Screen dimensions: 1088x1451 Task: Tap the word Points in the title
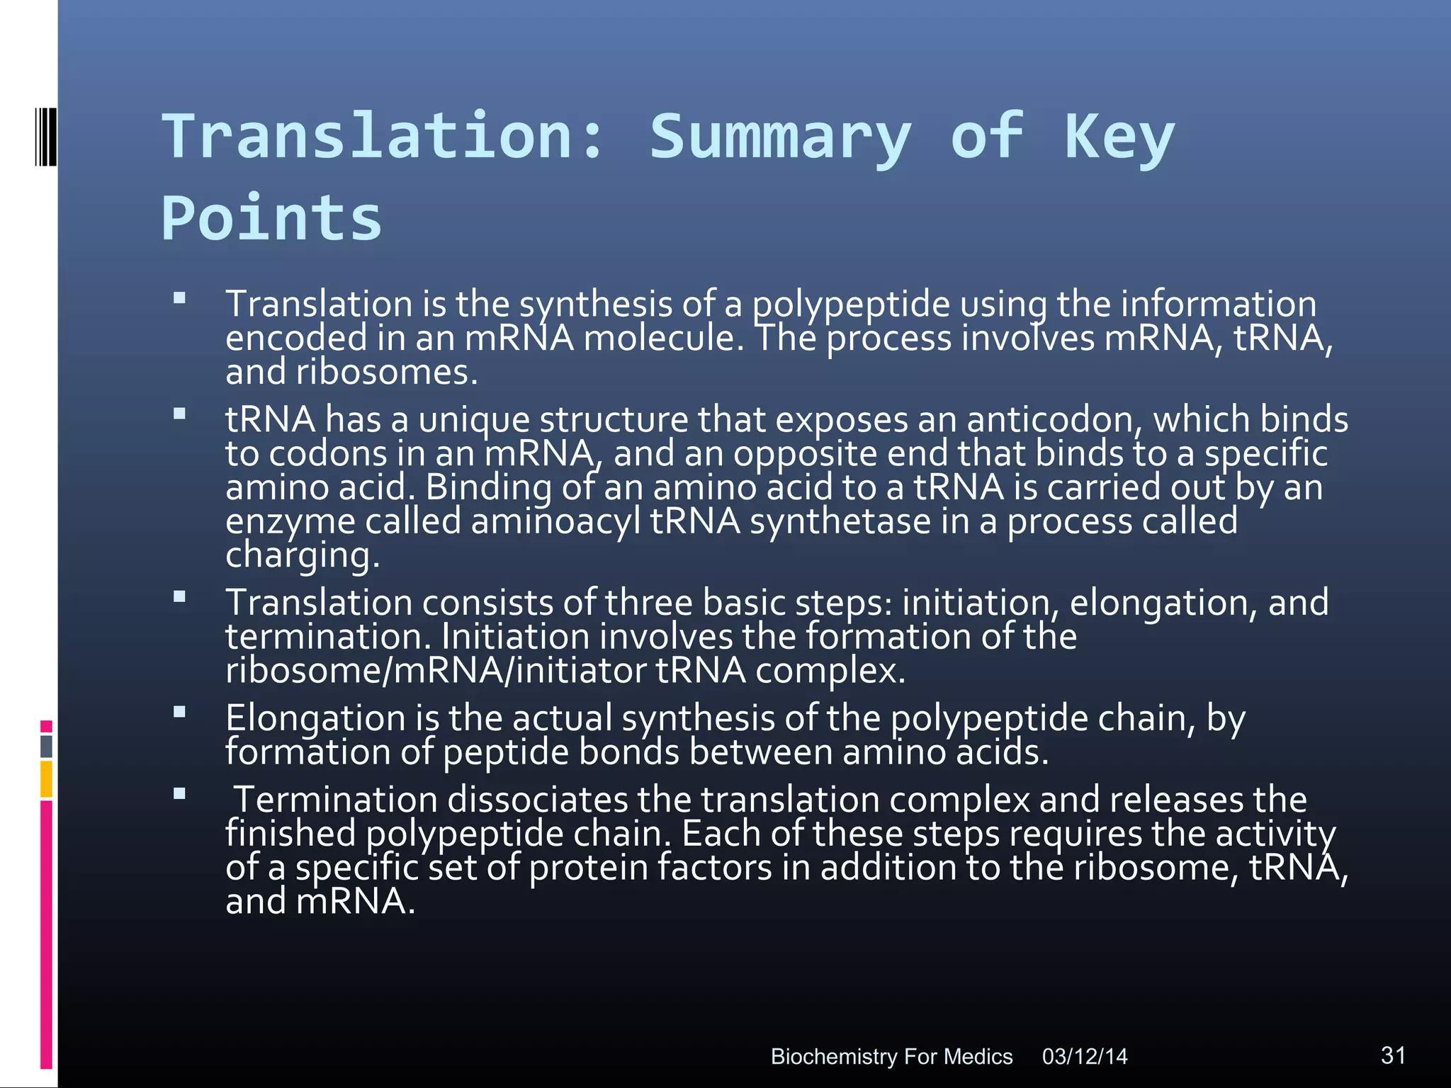[x=271, y=218]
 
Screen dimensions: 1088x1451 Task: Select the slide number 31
[x=1393, y=1055]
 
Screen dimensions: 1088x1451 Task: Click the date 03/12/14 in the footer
[x=1084, y=1056]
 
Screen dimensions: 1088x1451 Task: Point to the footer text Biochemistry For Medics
[x=891, y=1056]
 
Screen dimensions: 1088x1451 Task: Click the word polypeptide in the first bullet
[x=850, y=305]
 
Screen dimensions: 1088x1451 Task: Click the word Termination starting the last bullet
[x=336, y=800]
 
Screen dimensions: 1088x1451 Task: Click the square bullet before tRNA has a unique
[x=179, y=414]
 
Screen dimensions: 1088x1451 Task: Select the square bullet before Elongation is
[x=179, y=712]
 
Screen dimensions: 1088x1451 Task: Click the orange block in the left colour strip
[x=46, y=778]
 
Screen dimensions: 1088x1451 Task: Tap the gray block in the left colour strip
[x=46, y=746]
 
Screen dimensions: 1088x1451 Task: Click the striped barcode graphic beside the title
[x=45, y=137]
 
